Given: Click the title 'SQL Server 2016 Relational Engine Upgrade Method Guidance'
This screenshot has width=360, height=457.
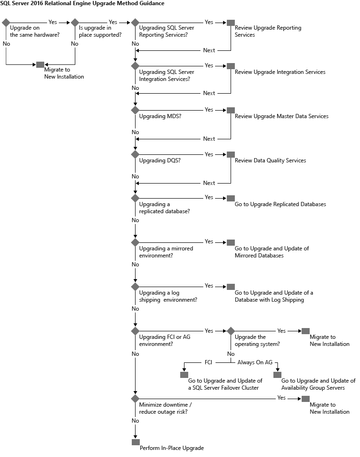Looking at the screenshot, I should [x=82, y=4].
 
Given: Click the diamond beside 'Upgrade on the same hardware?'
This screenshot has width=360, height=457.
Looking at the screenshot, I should [x=6, y=23].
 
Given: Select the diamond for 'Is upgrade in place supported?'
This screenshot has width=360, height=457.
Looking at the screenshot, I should [x=75, y=23].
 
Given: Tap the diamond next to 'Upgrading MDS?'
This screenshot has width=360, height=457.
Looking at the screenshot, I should [x=136, y=110].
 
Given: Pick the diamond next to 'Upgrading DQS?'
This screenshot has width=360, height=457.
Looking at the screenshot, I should [x=136, y=154].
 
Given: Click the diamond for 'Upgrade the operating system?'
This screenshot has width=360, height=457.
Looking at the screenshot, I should [x=231, y=331].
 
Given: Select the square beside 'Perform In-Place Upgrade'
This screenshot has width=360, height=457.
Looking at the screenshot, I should [x=136, y=442].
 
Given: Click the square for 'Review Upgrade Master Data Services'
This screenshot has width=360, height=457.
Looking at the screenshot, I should [x=231, y=110].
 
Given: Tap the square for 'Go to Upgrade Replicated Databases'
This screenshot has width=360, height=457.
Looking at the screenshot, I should [x=231, y=198].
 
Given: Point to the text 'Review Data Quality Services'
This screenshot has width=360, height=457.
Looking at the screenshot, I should [x=270, y=160].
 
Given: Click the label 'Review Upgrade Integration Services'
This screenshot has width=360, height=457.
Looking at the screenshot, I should [x=280, y=72].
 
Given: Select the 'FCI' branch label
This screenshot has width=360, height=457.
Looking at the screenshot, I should [x=208, y=363].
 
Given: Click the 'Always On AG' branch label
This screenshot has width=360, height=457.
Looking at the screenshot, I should [x=255, y=363].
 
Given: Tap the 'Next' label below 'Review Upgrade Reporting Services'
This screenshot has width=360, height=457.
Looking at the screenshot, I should [x=209, y=50].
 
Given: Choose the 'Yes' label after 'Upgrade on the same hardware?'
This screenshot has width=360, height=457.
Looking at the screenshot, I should [x=53, y=22].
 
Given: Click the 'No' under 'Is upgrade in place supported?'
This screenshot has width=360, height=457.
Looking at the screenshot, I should [x=74, y=44].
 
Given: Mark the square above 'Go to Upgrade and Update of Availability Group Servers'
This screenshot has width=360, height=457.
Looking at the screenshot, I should [x=277, y=375].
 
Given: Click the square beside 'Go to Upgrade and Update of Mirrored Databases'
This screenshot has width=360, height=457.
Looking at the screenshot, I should [x=231, y=242].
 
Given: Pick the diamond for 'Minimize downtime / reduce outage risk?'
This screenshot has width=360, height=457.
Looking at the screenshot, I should [x=136, y=399].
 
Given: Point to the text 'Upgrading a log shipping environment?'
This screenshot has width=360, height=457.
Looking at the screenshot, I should [x=168, y=297].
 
